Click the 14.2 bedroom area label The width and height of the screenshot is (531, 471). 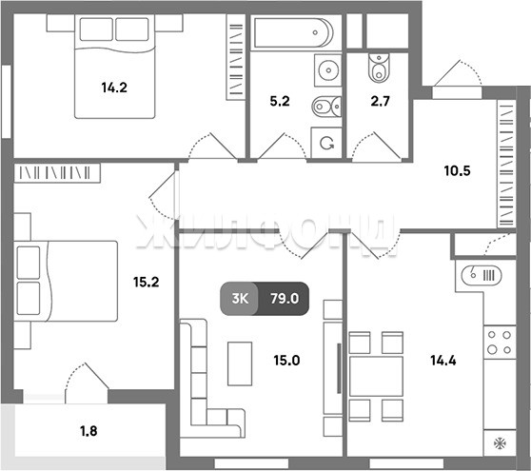coord(114,88)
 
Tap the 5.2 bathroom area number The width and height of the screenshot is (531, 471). coord(280,101)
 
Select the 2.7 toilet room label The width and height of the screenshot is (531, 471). coord(381,101)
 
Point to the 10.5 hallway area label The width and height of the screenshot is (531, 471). coord(457,170)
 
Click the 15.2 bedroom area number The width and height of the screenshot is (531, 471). coord(147,282)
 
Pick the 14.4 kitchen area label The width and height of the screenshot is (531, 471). coord(443,361)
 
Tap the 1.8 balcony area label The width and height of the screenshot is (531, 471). coord(88,431)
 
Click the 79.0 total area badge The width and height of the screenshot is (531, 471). coord(285,299)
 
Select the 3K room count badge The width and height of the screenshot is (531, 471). coord(240,299)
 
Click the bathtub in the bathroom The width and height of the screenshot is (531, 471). coord(293,32)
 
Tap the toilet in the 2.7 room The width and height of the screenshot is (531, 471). coord(379,69)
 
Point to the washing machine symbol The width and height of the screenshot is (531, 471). coord(326,143)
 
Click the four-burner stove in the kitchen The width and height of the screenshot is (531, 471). coord(500,343)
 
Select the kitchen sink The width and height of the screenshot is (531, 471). coord(482,275)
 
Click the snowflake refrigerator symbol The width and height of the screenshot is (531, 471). coord(500,442)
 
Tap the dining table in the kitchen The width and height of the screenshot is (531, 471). coord(376,376)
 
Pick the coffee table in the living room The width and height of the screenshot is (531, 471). coord(240,363)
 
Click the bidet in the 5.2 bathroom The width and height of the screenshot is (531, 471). coord(326,107)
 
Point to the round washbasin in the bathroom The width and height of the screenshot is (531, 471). coord(328,70)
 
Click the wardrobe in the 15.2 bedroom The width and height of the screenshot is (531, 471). coord(57,173)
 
